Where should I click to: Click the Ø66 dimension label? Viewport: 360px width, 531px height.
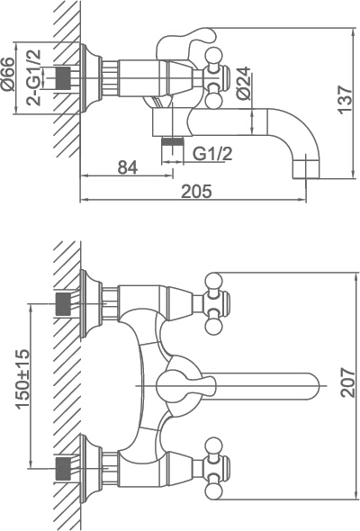8,74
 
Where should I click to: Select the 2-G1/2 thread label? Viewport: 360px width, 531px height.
34,78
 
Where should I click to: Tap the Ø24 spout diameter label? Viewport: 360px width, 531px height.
244,84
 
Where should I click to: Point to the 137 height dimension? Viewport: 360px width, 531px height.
345,100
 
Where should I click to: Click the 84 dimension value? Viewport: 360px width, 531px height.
128,167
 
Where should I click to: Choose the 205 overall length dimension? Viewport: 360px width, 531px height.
197,192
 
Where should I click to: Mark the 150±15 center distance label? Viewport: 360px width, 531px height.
23,379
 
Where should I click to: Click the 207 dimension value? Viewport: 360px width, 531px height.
348,382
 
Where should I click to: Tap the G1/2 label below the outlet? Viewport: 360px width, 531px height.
212,153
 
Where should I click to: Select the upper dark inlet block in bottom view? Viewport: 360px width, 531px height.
63,304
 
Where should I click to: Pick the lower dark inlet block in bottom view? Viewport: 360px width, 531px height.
63,468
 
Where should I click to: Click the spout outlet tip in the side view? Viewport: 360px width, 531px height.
306,167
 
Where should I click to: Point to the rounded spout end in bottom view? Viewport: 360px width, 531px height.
310,386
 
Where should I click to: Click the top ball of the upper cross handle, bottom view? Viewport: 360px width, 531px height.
214,282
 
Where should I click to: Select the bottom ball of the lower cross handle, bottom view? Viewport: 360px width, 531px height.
214,490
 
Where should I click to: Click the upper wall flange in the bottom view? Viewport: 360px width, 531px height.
90,304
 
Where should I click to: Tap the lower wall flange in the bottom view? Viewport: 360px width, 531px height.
90,468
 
